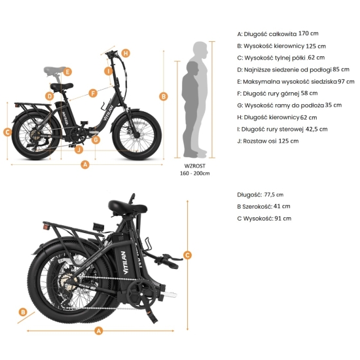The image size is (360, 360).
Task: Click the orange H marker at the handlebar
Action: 126,52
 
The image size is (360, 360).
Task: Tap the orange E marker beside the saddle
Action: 67,71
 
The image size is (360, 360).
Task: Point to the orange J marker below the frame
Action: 79,149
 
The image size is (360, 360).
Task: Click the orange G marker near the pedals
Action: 96,139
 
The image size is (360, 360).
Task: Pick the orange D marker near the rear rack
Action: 49,96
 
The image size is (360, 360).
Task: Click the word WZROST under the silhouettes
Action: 194,166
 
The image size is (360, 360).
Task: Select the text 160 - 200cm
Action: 194,174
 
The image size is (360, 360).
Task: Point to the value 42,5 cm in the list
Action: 315,129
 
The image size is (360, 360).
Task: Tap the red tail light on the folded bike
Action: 46,226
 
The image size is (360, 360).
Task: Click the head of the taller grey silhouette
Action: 200,49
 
